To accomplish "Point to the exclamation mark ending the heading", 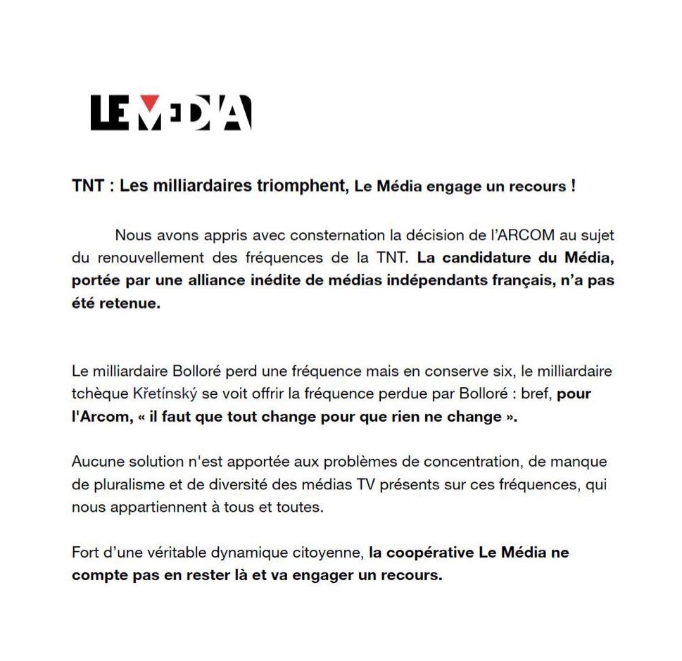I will (573, 187).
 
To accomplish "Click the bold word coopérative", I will (421, 553).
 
